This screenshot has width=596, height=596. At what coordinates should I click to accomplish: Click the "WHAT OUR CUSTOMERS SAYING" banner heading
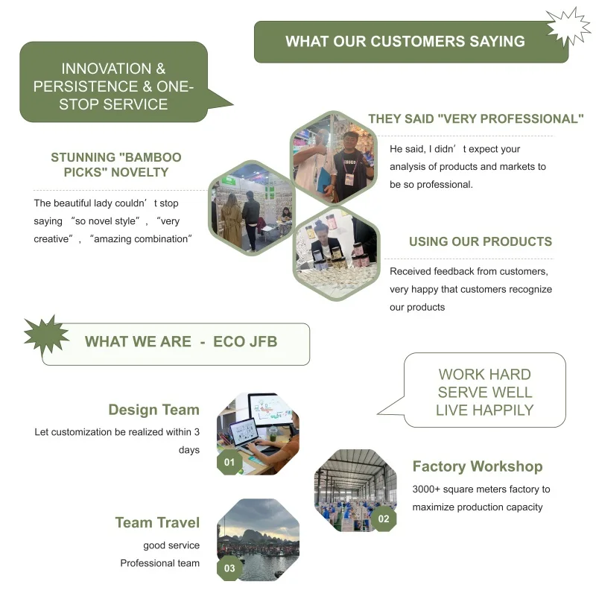[405, 42]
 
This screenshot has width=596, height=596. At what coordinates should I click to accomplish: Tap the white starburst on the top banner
[568, 28]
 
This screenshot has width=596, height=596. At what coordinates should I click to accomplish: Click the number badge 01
[229, 463]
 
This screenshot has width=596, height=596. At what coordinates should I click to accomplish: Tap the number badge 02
[384, 519]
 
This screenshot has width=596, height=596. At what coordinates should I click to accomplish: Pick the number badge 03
[229, 568]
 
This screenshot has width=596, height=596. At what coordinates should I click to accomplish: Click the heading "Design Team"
[153, 410]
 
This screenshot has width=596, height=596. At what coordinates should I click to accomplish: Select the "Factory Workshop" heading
[478, 467]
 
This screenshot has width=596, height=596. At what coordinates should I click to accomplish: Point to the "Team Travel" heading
[157, 523]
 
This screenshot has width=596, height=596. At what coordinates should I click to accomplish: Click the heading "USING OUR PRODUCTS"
[481, 241]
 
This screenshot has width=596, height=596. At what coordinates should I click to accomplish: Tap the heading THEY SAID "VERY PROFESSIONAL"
[476, 118]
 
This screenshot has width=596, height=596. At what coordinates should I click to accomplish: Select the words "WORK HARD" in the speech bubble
[484, 374]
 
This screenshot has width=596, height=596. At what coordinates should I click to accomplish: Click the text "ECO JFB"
[245, 342]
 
